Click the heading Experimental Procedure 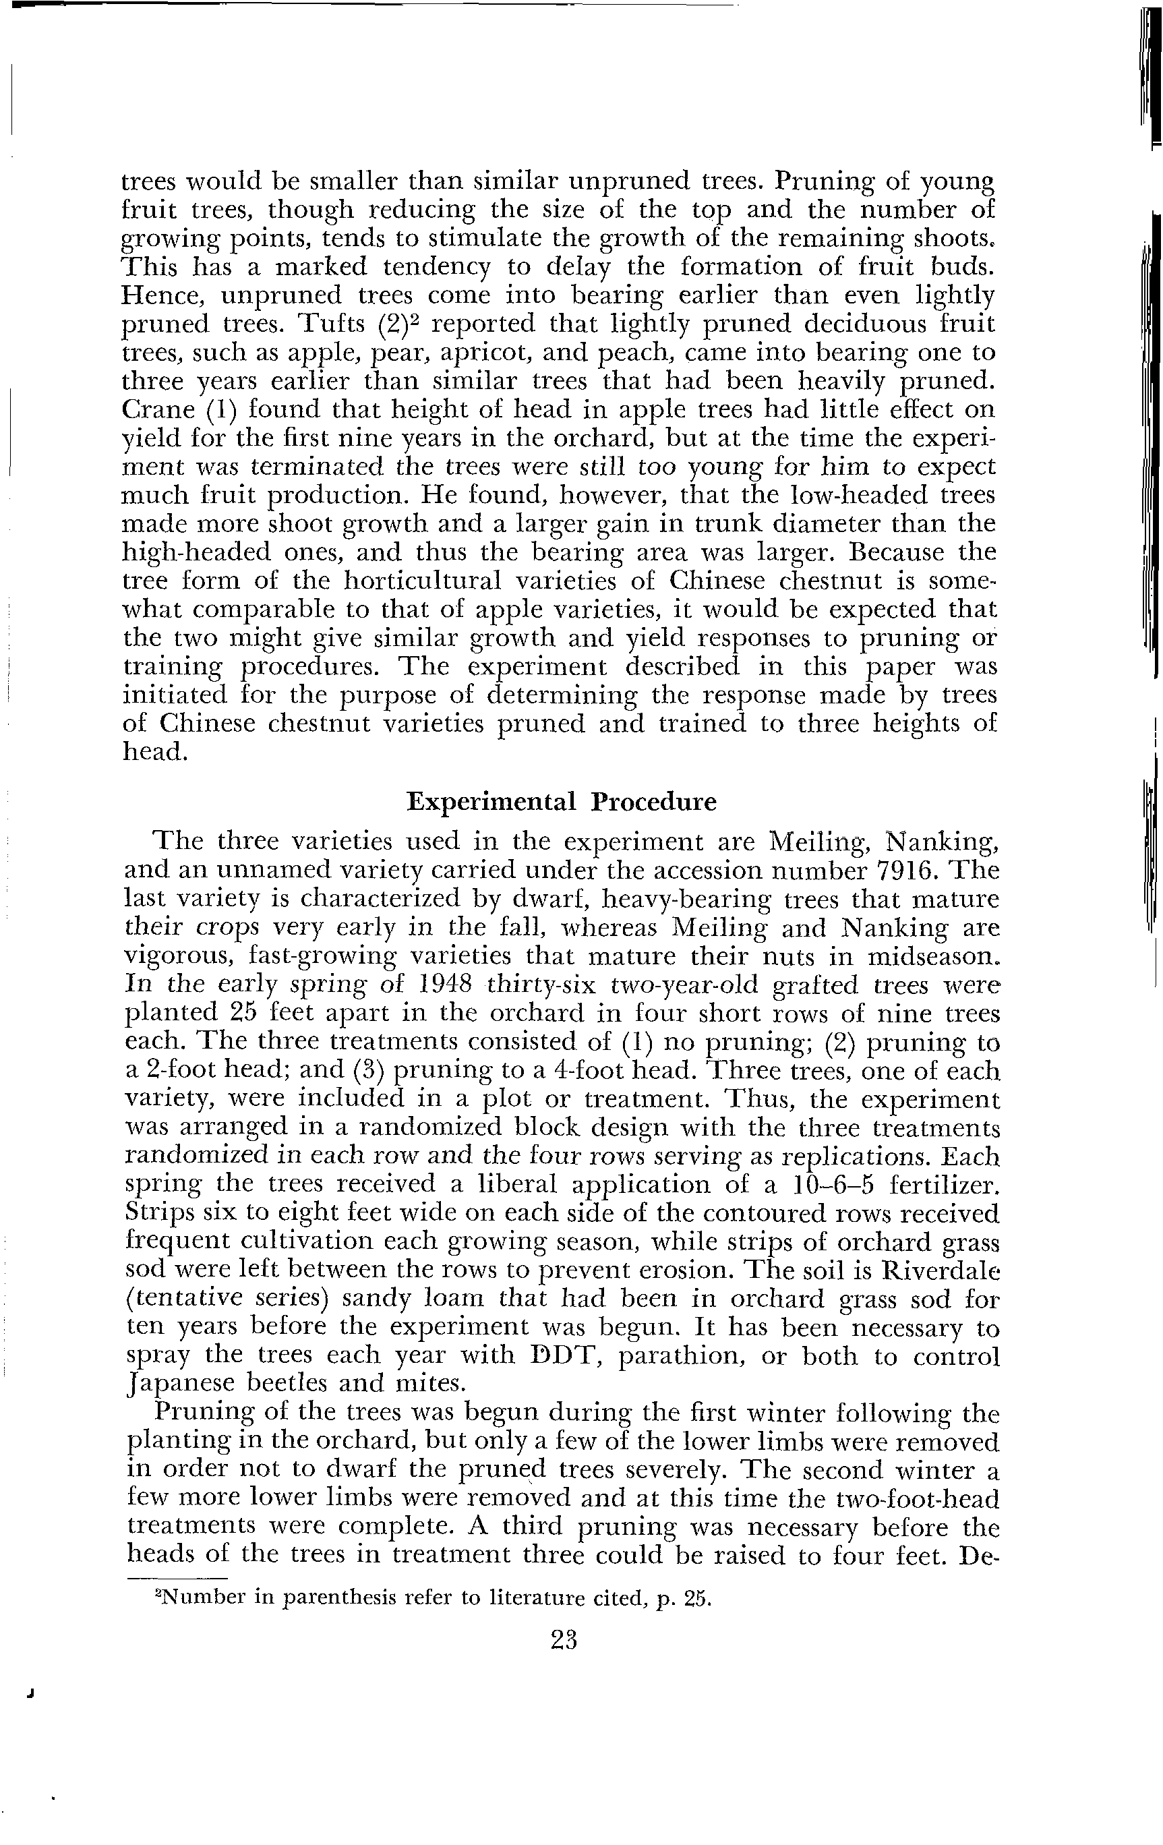click(x=562, y=801)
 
